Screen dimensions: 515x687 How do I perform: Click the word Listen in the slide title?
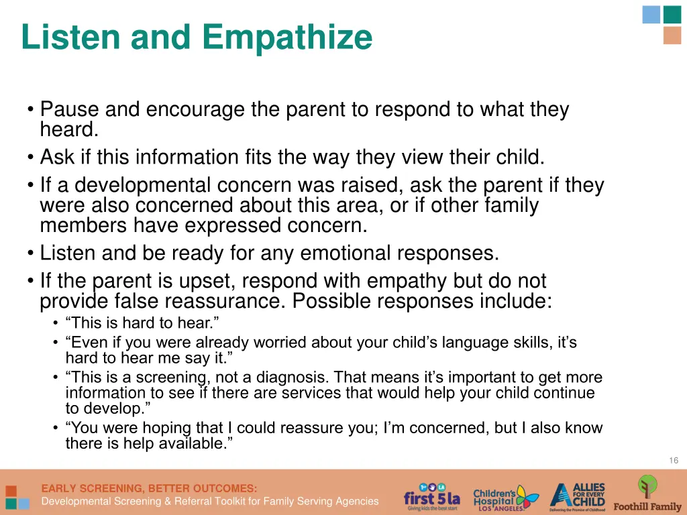71,37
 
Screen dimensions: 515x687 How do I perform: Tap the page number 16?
674,460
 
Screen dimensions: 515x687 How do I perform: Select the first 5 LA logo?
432,497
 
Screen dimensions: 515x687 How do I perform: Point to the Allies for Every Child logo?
578,497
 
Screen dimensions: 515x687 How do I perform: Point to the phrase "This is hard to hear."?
143,323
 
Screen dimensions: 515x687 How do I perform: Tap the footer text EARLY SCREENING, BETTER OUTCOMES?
149,488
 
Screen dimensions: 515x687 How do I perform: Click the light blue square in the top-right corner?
651,14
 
